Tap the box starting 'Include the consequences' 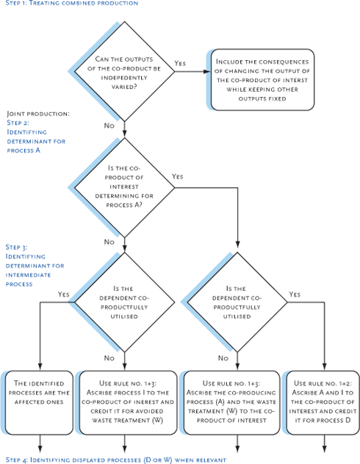[x=262, y=79]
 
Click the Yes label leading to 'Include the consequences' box [x=181, y=64]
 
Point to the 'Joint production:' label [x=38, y=115]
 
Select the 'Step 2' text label [x=18, y=123]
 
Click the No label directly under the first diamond [x=109, y=126]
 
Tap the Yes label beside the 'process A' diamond [x=178, y=177]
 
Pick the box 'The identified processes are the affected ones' [x=40, y=392]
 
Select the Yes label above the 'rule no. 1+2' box [x=295, y=294]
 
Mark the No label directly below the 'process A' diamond [x=109, y=242]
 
